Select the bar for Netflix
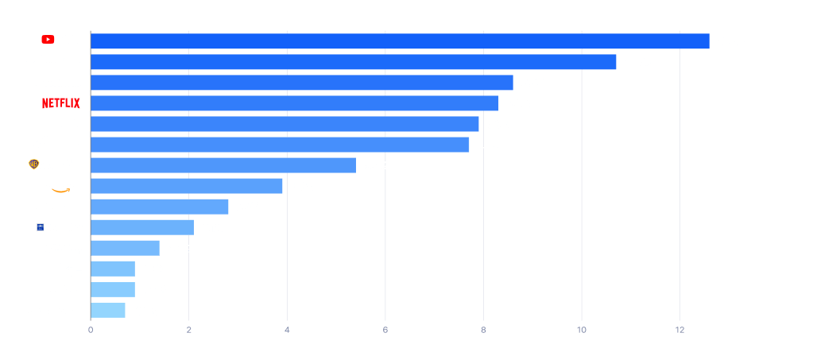point(295,103)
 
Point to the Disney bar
point(354,62)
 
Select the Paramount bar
point(281,145)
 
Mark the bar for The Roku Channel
point(160,207)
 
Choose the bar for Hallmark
point(113,289)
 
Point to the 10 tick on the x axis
point(582,329)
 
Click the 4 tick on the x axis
point(287,329)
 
